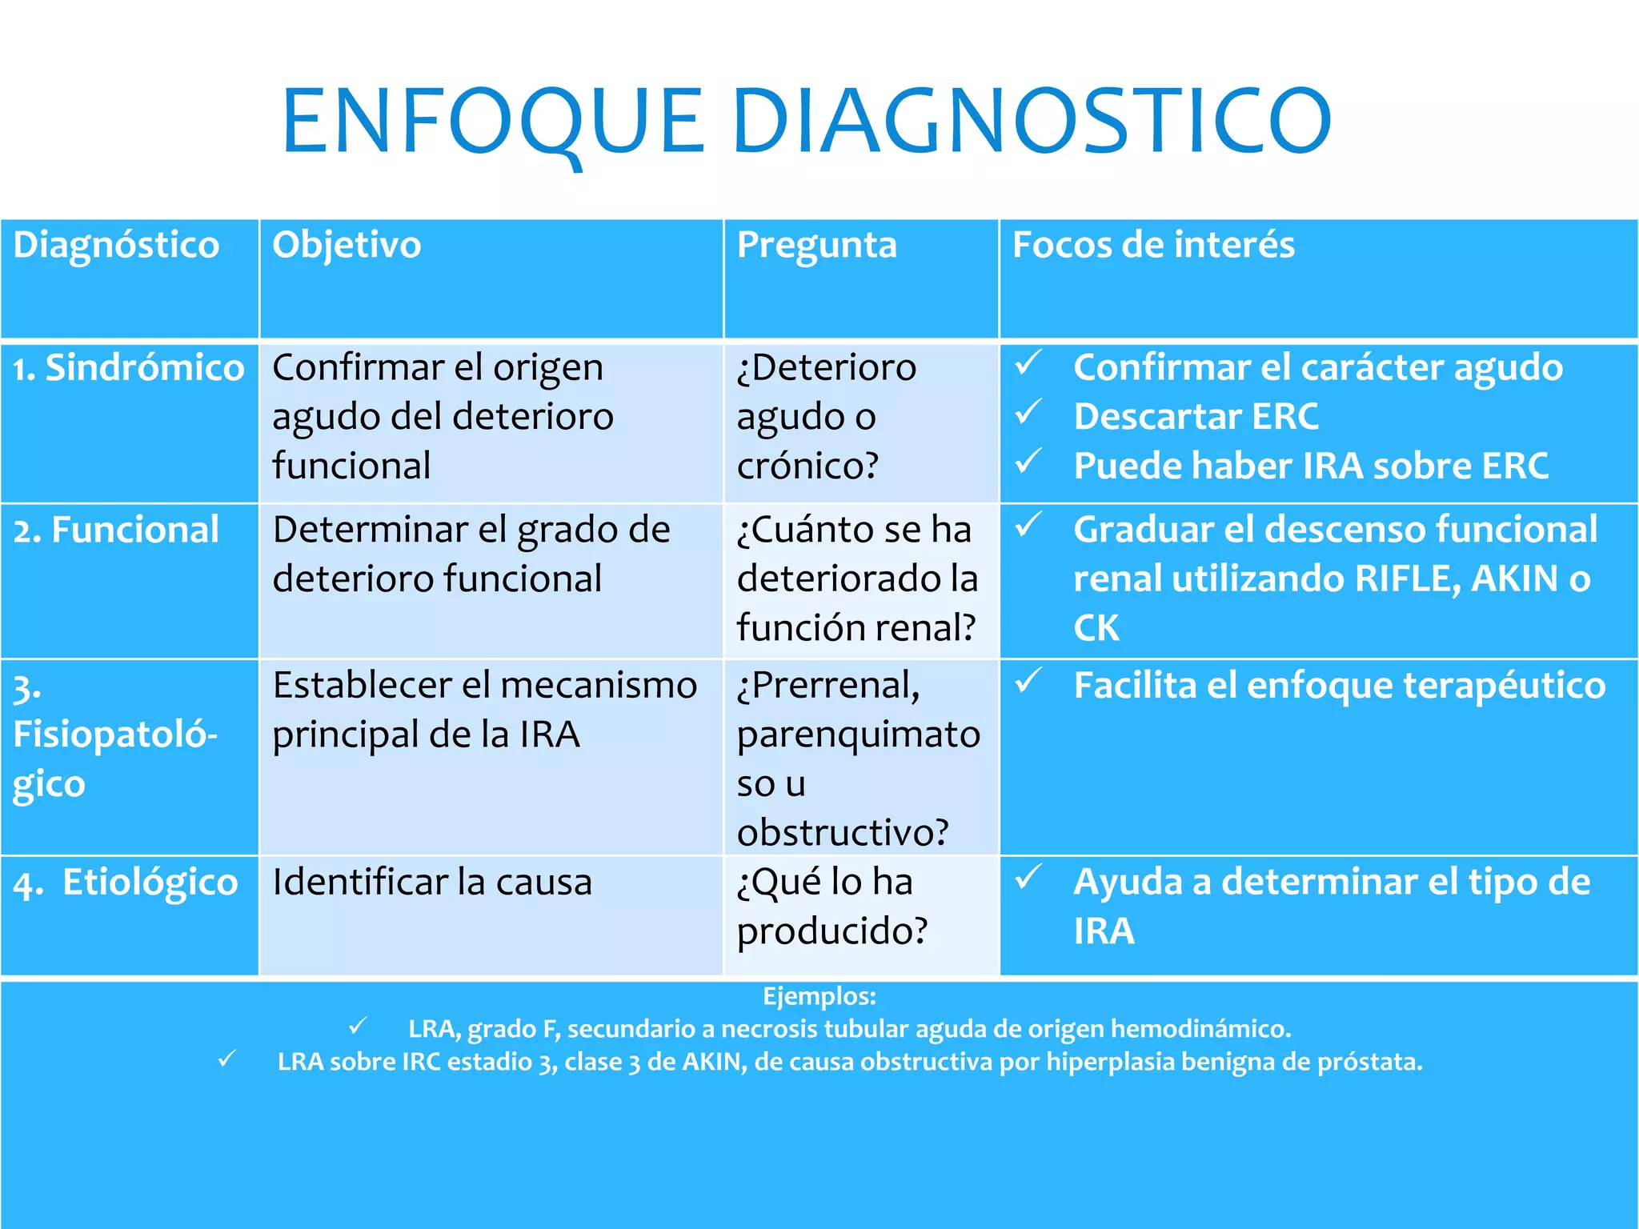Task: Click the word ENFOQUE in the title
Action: [x=492, y=122]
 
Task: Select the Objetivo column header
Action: [x=346, y=245]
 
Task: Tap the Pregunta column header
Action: [x=815, y=245]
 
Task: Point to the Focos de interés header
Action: [x=1152, y=245]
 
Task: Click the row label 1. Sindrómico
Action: [x=128, y=368]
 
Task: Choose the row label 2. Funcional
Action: [x=116, y=530]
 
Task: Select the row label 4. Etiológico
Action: [x=126, y=883]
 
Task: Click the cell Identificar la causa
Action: [x=432, y=883]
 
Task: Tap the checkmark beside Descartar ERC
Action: [x=1028, y=413]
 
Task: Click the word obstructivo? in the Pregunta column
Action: [x=842, y=833]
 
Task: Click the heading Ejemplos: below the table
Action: [x=819, y=996]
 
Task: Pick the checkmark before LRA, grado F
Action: [x=358, y=1026]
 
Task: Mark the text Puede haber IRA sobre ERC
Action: [x=1310, y=466]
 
